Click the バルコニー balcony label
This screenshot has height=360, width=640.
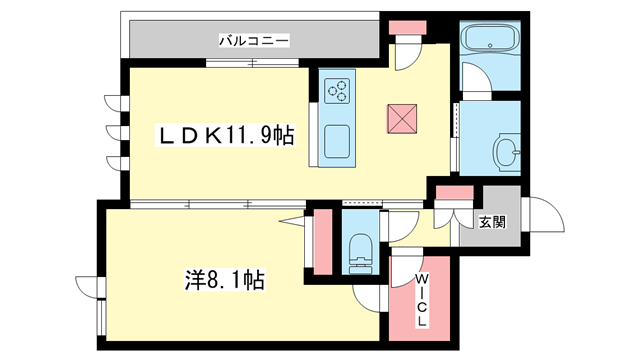click(x=254, y=40)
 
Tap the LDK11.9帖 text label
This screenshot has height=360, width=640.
click(x=224, y=136)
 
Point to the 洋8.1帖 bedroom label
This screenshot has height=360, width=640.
click(x=224, y=280)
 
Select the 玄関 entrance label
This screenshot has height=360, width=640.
click(x=492, y=222)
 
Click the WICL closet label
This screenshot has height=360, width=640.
click(x=421, y=300)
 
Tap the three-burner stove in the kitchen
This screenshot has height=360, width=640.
click(x=337, y=91)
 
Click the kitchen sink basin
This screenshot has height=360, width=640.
click(x=337, y=141)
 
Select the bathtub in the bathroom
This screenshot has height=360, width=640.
click(x=490, y=38)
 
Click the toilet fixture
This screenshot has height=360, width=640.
click(x=361, y=253)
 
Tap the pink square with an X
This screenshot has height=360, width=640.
click(x=402, y=119)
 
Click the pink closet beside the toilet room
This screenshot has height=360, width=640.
click(x=323, y=242)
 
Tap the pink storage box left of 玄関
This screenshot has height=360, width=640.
click(x=455, y=192)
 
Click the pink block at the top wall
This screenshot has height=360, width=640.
click(x=407, y=28)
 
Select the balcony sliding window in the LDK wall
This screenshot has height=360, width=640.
click(x=252, y=63)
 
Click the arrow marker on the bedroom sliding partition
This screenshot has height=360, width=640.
click(x=292, y=221)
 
